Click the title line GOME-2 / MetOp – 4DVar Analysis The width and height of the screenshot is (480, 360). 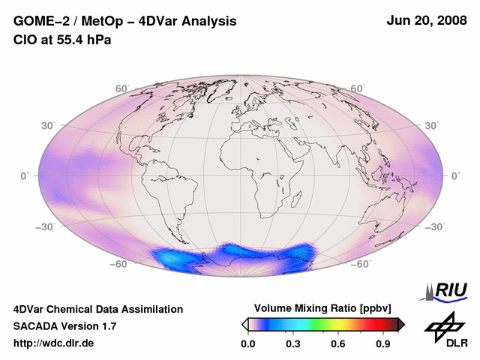point(124,22)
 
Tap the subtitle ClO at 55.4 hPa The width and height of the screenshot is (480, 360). point(62,40)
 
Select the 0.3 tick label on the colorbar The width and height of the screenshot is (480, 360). point(293,343)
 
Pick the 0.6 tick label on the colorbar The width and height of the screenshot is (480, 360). point(338,343)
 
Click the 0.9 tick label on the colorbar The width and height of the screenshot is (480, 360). point(384,343)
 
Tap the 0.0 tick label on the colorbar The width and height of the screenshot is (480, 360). point(247,343)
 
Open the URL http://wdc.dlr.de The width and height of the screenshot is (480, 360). point(54,343)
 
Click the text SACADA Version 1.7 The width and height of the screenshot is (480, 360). point(64,326)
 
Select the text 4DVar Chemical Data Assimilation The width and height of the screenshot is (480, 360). point(97,309)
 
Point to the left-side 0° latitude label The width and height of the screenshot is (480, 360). point(25,175)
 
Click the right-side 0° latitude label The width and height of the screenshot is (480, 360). point(456,175)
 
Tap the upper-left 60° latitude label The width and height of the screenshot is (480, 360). point(122,89)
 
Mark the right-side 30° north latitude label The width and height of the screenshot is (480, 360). point(434,125)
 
